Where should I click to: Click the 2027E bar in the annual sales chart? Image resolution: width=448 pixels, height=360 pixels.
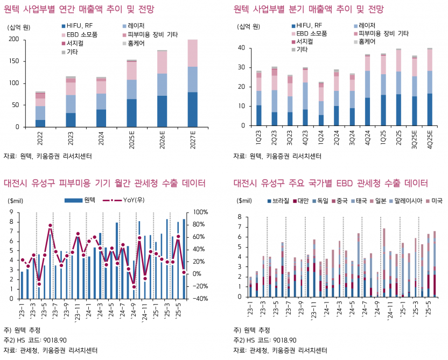192,83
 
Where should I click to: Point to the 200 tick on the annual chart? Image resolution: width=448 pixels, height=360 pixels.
14,40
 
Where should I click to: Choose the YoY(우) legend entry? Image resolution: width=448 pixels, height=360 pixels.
128,200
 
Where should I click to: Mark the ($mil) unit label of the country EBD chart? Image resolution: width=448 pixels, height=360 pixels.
244,201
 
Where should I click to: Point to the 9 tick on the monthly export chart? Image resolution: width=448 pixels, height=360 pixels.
13,213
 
